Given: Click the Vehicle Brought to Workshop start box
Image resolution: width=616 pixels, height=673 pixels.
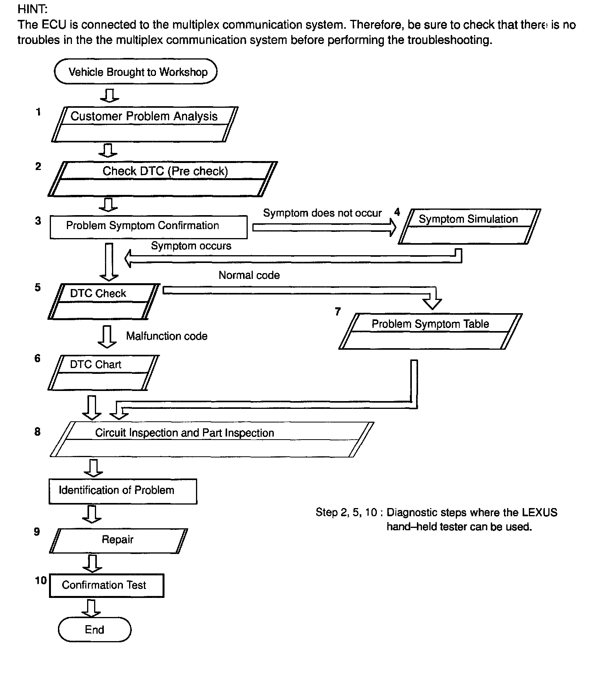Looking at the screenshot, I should click(136, 72).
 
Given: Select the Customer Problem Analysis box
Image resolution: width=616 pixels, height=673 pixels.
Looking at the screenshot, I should click(144, 124).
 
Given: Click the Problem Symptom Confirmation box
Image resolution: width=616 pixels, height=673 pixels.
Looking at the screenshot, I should click(149, 227).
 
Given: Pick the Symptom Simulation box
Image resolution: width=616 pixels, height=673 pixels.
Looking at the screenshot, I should click(469, 226).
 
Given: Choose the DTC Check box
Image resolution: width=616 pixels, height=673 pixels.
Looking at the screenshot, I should click(103, 301).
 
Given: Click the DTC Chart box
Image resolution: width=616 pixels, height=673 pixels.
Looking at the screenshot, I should click(103, 372).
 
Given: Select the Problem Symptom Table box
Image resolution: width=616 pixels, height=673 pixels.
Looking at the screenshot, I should click(430, 331).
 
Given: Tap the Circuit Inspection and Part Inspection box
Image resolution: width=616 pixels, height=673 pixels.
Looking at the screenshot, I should click(212, 439).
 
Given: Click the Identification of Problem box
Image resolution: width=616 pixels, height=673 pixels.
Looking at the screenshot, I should click(123, 491).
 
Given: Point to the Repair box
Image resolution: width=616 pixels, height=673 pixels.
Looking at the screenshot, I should click(118, 541).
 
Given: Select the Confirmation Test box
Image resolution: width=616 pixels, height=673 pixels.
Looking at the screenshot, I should click(107, 585).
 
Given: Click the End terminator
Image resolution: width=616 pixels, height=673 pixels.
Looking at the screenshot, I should click(94, 629).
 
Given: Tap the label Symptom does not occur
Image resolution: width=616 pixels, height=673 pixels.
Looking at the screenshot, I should click(322, 213).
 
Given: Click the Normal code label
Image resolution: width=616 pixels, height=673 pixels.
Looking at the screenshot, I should click(249, 275).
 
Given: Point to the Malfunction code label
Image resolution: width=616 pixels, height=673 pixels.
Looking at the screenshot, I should click(167, 336).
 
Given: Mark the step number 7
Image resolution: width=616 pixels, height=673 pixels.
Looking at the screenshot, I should click(338, 312).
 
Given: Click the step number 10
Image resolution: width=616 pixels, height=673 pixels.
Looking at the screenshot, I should click(41, 581).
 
